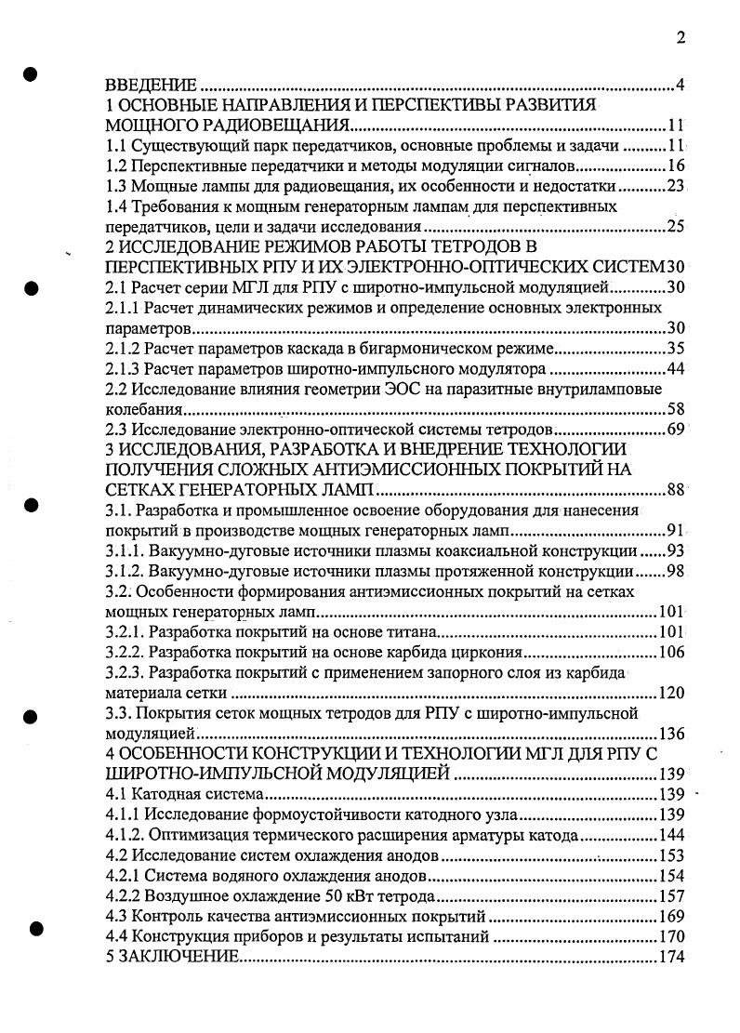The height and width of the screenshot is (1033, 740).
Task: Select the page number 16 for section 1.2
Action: (x=675, y=166)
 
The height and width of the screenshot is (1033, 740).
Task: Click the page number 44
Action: (x=675, y=369)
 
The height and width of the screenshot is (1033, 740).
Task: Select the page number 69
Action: (x=675, y=429)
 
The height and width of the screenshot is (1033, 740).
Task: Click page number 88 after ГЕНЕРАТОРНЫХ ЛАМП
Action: (x=674, y=490)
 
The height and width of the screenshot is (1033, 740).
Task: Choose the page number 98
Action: (x=675, y=571)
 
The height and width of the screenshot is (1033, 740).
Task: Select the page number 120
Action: (x=670, y=693)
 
